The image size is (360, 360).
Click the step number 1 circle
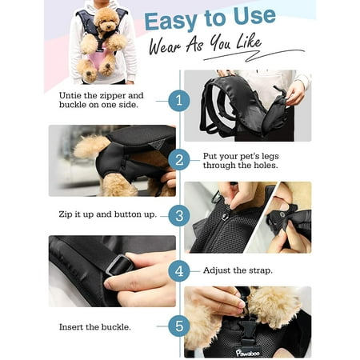[x=179, y=101]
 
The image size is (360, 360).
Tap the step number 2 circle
[x=179, y=160]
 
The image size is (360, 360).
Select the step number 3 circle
[x=179, y=215]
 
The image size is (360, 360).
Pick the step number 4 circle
[x=179, y=271]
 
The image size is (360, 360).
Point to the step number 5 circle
[x=179, y=326]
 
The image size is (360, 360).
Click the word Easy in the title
[x=171, y=22]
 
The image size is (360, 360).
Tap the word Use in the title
[x=254, y=17]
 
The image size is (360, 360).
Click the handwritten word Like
[x=249, y=42]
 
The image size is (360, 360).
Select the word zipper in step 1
[x=112, y=96]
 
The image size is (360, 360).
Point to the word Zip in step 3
[x=65, y=214]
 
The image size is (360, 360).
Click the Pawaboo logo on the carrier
[x=247, y=353]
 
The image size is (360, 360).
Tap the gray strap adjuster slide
[x=120, y=265]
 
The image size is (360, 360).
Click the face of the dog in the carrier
[x=107, y=20]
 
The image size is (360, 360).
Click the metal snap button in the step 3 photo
[x=225, y=216]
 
